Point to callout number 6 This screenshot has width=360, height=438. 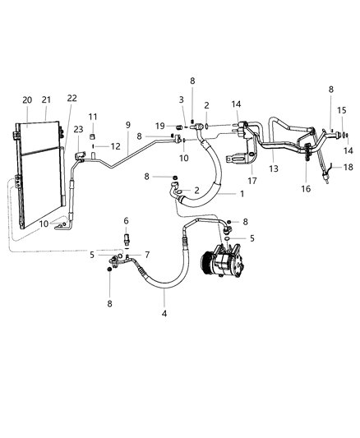[126, 220]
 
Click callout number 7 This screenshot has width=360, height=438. [147, 254]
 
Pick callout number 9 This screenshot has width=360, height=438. [127, 125]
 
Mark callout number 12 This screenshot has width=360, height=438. [113, 146]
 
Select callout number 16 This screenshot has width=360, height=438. [307, 188]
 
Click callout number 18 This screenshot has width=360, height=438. [348, 168]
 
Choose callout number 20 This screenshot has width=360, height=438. [28, 99]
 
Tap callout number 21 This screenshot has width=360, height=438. [45, 99]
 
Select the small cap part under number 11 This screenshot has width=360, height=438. [93, 134]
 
